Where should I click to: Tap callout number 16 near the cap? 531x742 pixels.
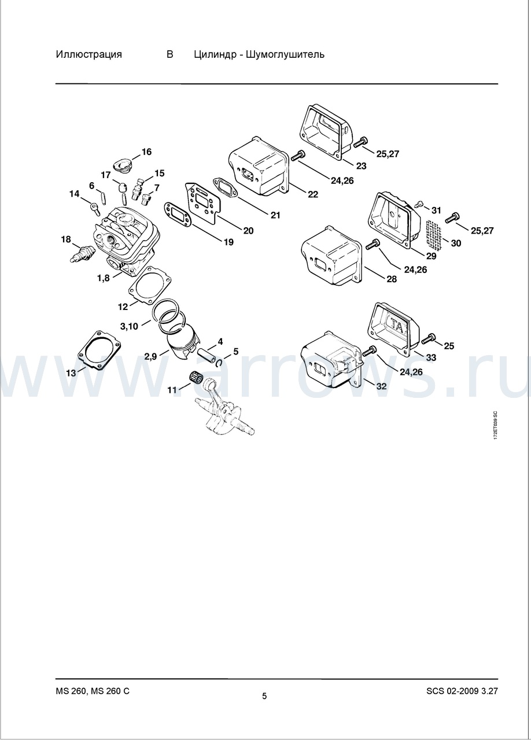tap(147, 152)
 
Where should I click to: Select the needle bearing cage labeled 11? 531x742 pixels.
tap(196, 378)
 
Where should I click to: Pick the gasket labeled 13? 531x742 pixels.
tap(99, 350)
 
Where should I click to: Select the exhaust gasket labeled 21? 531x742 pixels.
tap(224, 187)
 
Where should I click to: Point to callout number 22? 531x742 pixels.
tap(313, 194)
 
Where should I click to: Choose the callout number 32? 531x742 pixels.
tap(382, 386)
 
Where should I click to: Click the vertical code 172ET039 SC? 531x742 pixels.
tap(495, 425)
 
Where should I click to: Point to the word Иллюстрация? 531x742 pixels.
tap(89, 54)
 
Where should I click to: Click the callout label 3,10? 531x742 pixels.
tap(129, 327)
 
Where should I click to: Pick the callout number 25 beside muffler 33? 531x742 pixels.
tap(449, 346)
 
